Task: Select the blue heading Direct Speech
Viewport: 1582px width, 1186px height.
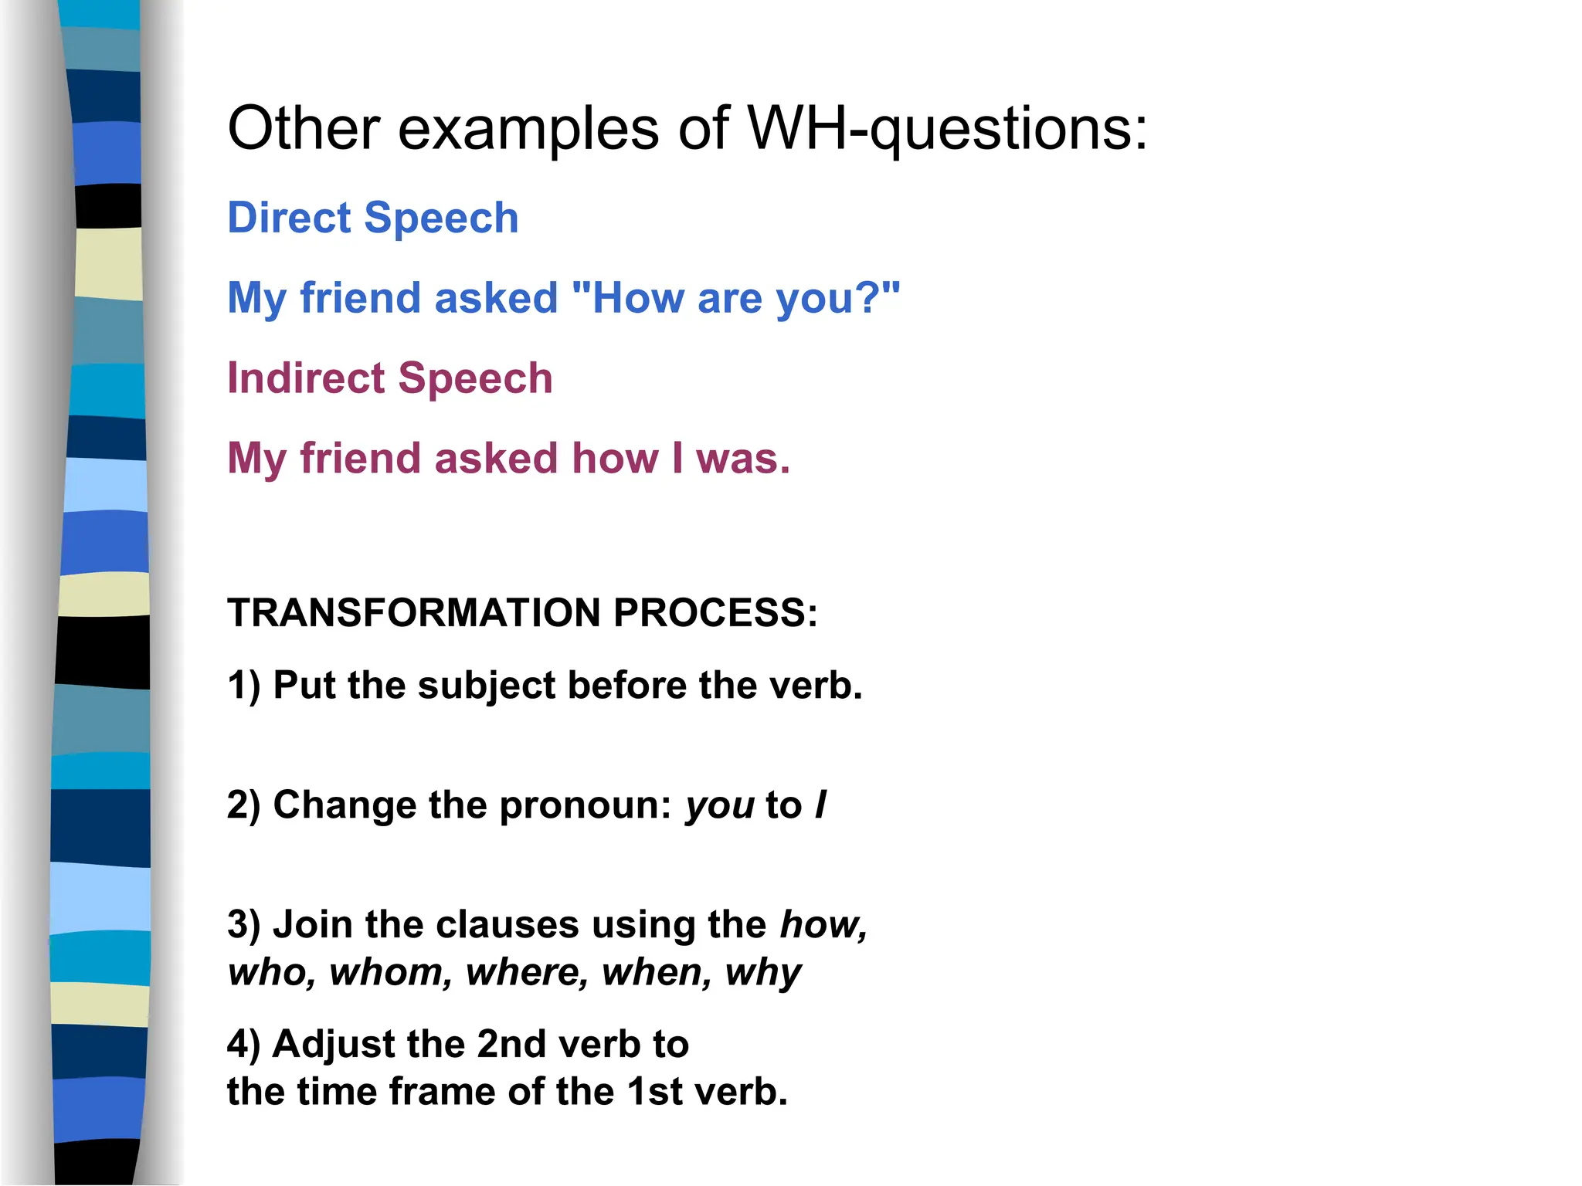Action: coord(372,218)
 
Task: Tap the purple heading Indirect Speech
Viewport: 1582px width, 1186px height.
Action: coord(389,378)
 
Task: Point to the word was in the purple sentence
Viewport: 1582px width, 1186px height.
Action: coord(742,459)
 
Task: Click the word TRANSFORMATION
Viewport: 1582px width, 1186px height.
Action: coord(413,613)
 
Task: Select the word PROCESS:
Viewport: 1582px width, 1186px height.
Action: coord(715,613)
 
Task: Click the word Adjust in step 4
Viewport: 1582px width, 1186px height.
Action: coord(333,1045)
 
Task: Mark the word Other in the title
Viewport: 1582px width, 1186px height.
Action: coord(304,129)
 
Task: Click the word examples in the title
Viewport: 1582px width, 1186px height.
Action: coord(528,129)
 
